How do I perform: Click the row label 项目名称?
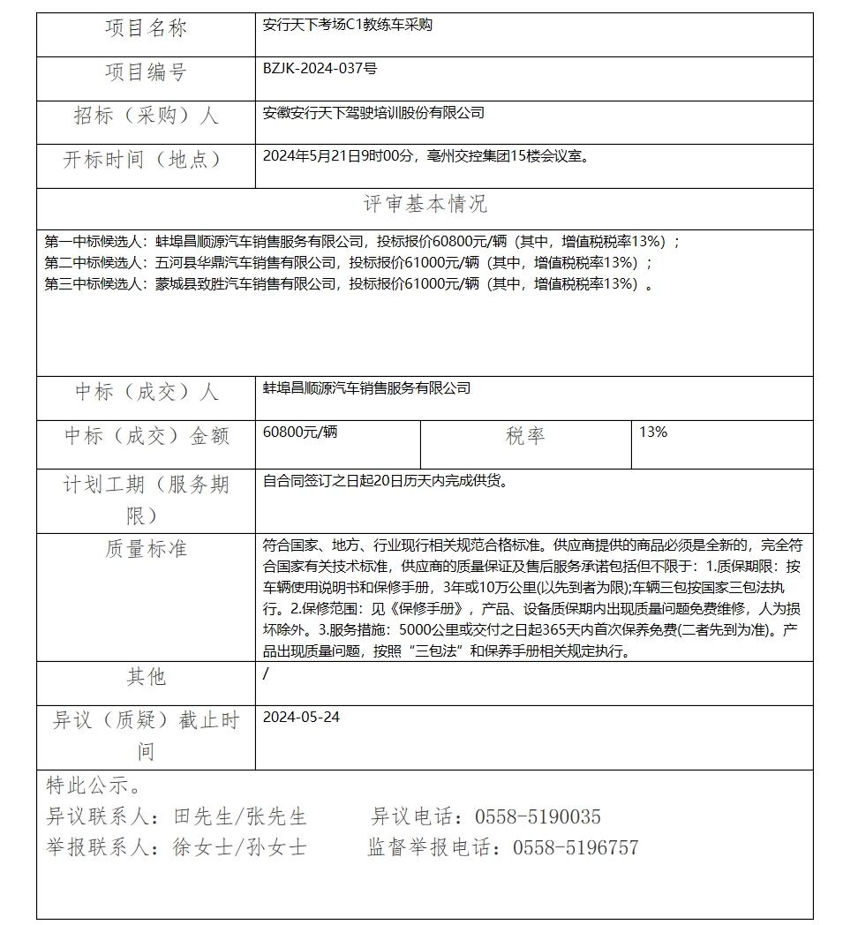[x=146, y=29]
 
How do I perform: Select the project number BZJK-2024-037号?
[x=320, y=69]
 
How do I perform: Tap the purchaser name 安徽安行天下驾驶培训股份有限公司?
[x=373, y=113]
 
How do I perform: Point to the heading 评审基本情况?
[x=425, y=205]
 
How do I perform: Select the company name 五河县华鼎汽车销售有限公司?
[x=246, y=262]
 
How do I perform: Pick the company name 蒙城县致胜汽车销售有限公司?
[x=246, y=283]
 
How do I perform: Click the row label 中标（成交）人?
[x=146, y=392]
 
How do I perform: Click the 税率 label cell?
[x=525, y=436]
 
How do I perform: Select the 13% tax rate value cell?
[x=653, y=432]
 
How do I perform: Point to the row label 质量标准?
[x=146, y=549]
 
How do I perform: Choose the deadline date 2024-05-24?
[x=301, y=718]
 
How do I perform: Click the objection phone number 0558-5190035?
[x=538, y=817]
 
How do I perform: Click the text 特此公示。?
[x=92, y=786]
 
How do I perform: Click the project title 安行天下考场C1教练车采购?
[x=348, y=26]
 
